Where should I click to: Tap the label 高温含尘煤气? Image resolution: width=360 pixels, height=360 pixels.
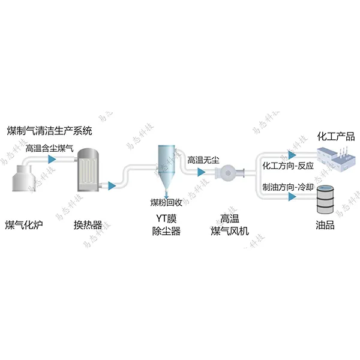point(49,146)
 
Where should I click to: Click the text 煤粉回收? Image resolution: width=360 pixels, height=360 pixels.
point(166,202)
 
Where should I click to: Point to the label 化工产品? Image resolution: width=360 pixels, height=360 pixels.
point(335,136)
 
